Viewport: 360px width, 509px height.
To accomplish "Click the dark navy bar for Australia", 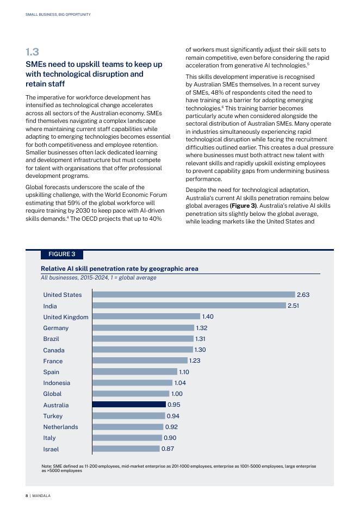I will pos(129,405).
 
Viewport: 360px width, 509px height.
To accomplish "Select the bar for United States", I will pos(194,295).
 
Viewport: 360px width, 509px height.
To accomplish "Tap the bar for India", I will pos(189,306).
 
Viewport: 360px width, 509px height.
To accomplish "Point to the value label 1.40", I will pos(208,316).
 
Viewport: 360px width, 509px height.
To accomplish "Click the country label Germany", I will pos(56,328).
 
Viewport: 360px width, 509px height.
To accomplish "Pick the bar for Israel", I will pos(126,449).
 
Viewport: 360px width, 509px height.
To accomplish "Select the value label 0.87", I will pos(168,449).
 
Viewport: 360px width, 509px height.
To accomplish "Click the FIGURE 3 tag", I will pos(62,254).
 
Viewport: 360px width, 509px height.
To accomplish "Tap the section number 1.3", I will pos(32,52).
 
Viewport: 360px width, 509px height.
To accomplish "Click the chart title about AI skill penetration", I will pos(120,269).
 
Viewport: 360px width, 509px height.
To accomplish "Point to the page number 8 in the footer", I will pos(27,496).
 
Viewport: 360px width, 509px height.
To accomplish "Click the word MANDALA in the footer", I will pos(42,496).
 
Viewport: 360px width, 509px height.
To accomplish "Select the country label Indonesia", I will pos(57,383).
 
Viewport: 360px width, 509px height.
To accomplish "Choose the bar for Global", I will pos(131,394).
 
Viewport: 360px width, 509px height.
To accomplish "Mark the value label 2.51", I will pos(294,306).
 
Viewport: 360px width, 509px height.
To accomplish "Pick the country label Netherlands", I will pos(60,427).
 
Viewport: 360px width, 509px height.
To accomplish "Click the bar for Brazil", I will pos(143,339).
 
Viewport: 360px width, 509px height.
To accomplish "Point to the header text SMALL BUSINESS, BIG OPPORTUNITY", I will pos(58,15).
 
